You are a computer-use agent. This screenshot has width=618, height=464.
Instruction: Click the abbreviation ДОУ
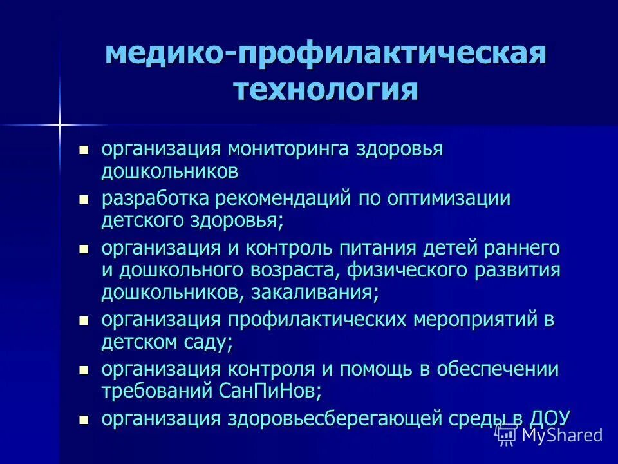(x=549, y=418)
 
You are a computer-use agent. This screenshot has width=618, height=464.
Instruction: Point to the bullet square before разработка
(x=83, y=200)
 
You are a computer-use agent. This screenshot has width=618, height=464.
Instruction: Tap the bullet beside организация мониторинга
(x=83, y=151)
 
